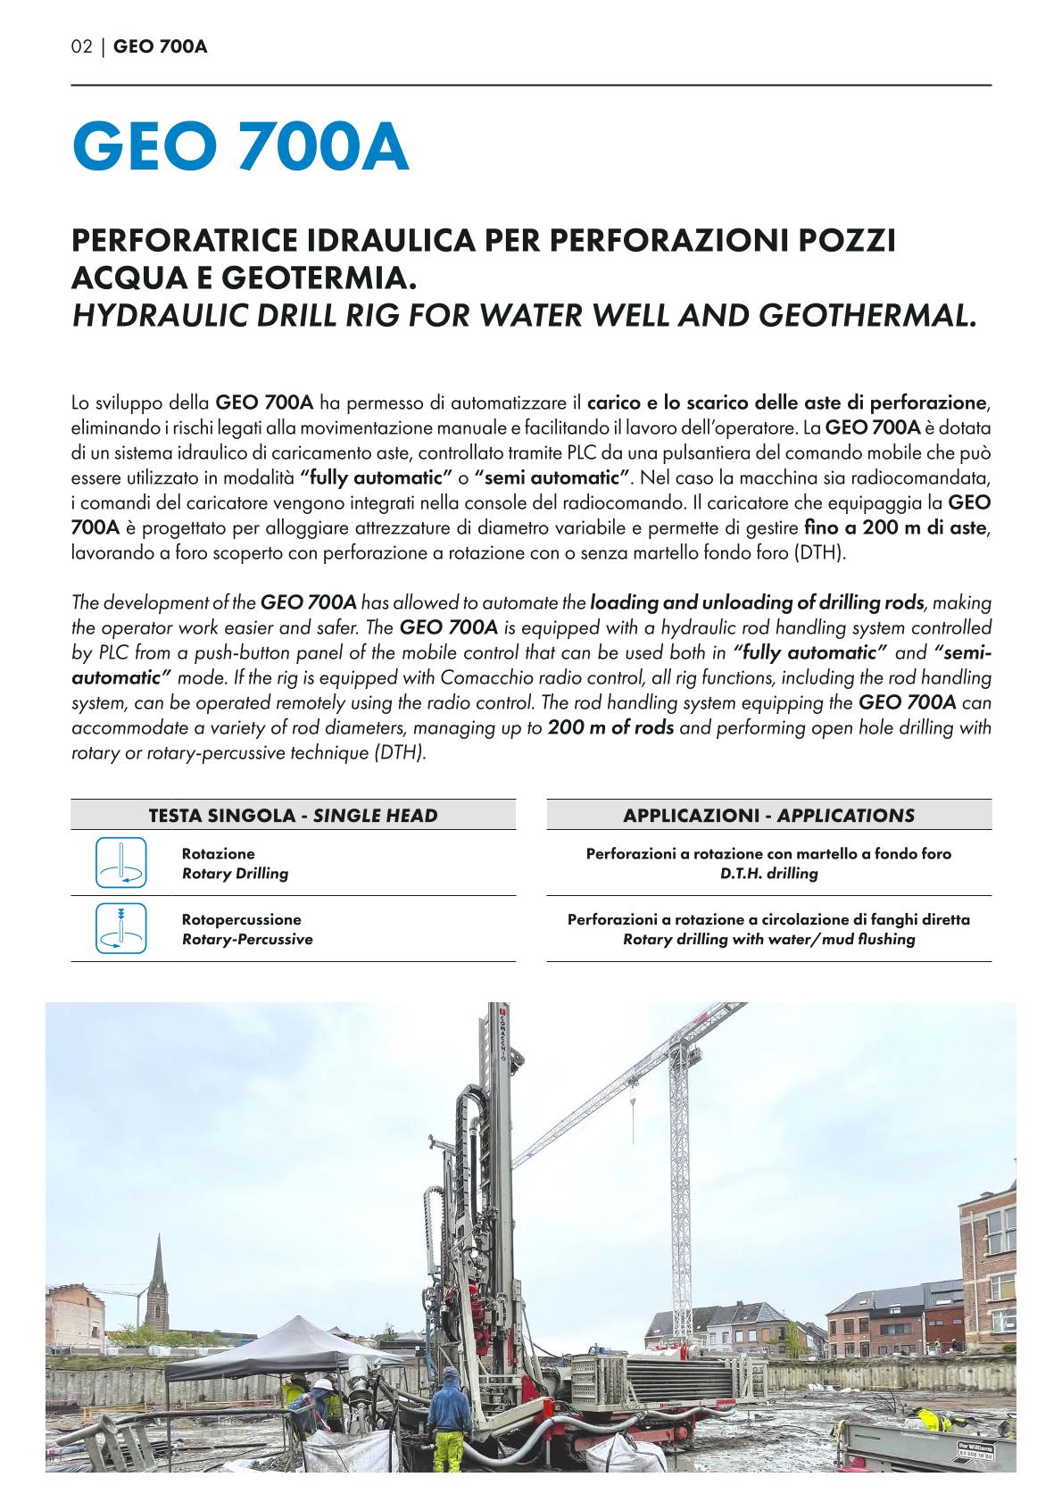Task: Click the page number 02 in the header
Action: coord(81,46)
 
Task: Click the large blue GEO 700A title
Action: coord(240,149)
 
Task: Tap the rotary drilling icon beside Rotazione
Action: coord(120,863)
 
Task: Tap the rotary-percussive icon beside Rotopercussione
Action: coord(120,929)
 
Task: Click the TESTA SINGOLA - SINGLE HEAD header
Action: coord(293,815)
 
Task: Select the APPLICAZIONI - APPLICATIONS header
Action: coord(768,815)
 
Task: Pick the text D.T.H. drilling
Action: coord(768,874)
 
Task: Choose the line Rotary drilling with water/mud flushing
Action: coord(768,940)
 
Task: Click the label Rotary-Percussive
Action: coord(247,940)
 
